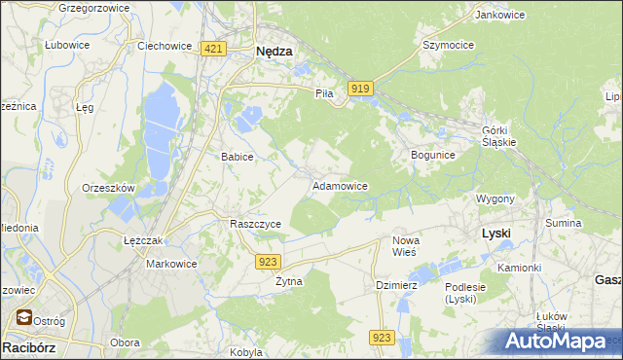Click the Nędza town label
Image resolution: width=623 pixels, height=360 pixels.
point(274,54)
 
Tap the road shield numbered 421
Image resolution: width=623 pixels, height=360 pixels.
point(214,49)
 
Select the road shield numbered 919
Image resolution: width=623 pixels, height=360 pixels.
point(360,89)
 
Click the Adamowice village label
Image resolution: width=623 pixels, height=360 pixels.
point(339,185)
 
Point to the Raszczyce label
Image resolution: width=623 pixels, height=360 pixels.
point(255,224)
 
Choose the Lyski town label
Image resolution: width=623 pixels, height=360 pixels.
point(496,234)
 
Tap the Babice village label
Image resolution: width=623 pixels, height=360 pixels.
point(238,157)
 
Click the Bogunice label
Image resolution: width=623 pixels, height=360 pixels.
point(433,155)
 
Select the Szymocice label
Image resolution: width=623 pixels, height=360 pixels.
point(447,45)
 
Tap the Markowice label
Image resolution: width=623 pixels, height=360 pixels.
point(171,264)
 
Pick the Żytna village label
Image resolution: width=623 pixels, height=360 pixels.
point(288,281)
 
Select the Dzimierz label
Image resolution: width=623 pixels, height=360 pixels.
point(396,285)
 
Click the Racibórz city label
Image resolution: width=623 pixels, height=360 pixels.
point(28,345)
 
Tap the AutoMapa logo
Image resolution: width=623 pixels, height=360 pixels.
point(556,342)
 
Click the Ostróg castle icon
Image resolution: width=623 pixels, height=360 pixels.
point(21,317)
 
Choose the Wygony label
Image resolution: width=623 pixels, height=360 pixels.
point(495,198)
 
